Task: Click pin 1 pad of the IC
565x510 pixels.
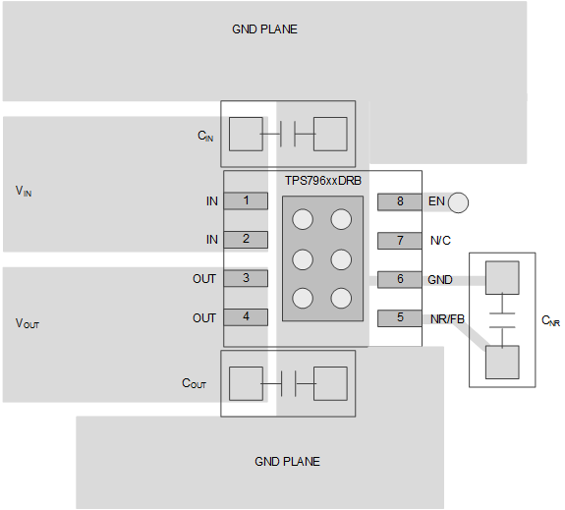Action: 246,200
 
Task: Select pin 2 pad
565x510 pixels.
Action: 246,239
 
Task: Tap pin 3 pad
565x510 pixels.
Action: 246,278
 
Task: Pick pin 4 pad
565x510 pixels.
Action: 246,317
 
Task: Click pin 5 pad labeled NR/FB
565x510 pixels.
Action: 399,317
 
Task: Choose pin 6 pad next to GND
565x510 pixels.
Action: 399,279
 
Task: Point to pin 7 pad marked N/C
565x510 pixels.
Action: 399,240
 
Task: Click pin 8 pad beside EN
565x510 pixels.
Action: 399,201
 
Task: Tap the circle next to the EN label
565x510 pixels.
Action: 458,202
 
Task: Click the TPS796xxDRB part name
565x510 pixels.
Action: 322,182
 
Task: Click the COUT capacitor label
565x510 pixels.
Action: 194,383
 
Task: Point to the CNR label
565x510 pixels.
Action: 550,320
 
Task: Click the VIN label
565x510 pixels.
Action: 24,191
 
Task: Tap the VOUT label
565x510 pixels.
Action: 28,322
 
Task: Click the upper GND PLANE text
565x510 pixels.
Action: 264,29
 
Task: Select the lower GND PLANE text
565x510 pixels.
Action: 287,461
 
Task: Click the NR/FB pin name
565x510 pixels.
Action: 446,318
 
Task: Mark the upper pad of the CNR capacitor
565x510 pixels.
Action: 502,278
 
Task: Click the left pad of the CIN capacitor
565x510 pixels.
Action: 246,134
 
